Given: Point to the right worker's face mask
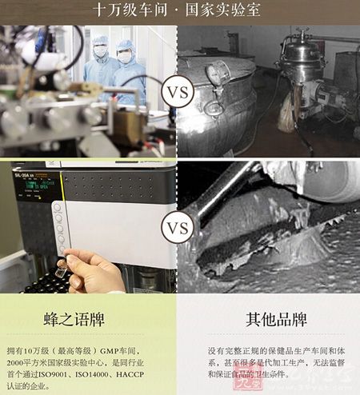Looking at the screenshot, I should (126, 58).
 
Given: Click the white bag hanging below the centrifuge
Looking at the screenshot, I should (286, 116).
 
